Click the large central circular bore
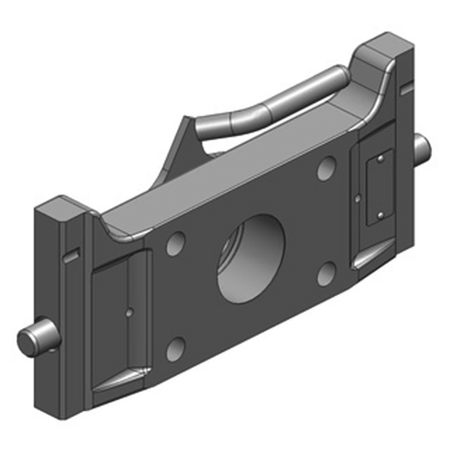point(251,258)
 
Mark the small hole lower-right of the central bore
point(326,273)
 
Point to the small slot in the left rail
point(70,256)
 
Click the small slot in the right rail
point(406,89)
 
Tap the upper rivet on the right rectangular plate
point(381,160)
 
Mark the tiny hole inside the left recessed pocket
point(129,310)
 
